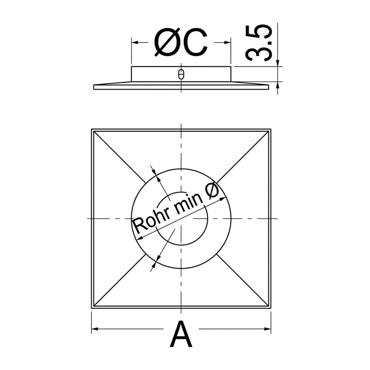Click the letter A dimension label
pyautogui.click(x=181, y=333)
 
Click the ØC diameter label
pyautogui.click(x=181, y=43)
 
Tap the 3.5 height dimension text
pyautogui.click(x=259, y=43)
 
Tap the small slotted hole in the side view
pyautogui.click(x=181, y=74)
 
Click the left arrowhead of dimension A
pyautogui.click(x=95, y=329)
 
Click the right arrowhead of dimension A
pyautogui.click(x=268, y=329)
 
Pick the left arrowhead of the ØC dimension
pyautogui.click(x=135, y=43)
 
